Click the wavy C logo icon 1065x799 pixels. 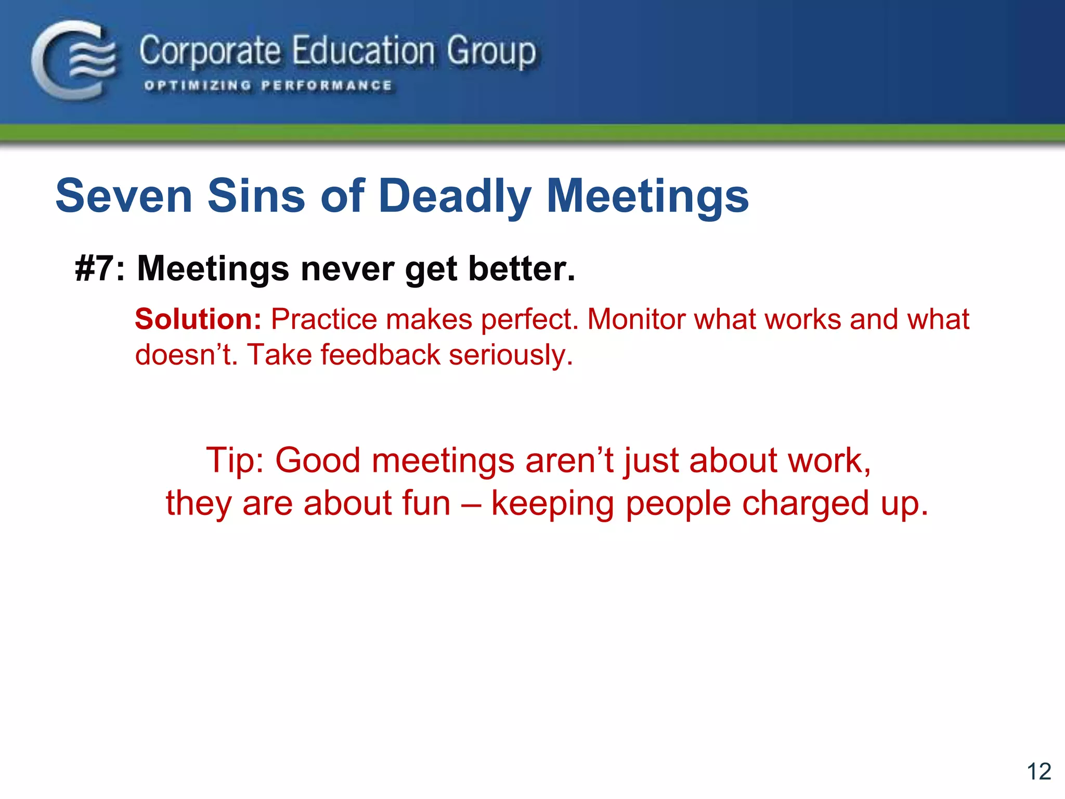pyautogui.click(x=73, y=60)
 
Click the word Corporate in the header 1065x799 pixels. pyautogui.click(x=210, y=52)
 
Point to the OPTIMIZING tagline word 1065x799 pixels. pyautogui.click(x=198, y=85)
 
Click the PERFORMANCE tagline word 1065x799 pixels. pyautogui.click(x=327, y=85)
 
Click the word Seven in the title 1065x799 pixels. pyautogui.click(x=124, y=196)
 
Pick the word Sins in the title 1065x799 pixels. pyautogui.click(x=256, y=196)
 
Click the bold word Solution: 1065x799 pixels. pyautogui.click(x=198, y=319)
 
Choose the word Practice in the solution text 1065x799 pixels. pyautogui.click(x=324, y=319)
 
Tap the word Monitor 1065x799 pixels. pyautogui.click(x=636, y=319)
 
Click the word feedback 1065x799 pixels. pyautogui.click(x=380, y=355)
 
